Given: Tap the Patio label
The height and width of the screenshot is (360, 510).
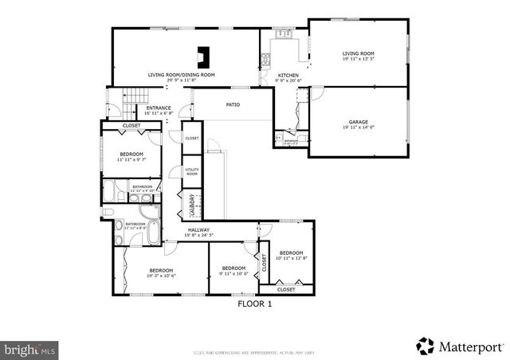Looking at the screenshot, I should pos(233,104).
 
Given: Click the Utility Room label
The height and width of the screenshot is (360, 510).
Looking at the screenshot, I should pos(192,171).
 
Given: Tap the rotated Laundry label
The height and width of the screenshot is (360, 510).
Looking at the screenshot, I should pos(192,206).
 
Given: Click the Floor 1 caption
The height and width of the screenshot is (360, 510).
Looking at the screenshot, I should pos(255,303).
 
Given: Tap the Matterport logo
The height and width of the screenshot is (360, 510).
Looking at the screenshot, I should pos(461,346).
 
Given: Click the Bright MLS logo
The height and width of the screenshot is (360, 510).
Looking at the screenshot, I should pos(30,349).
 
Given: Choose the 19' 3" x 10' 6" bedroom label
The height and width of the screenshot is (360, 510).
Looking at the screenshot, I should pos(161,273).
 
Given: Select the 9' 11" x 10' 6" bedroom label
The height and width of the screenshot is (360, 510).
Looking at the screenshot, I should pos(233,271).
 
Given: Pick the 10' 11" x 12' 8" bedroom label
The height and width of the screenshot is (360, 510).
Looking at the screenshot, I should pos(291,255).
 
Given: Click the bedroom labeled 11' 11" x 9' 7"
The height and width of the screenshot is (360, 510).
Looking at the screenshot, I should pos(131,157).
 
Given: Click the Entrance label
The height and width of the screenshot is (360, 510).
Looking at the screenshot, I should pos(159,111).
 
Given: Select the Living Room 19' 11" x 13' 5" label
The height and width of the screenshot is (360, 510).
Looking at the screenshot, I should pos(358,56).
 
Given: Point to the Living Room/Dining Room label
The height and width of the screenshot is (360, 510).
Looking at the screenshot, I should pos(181,76).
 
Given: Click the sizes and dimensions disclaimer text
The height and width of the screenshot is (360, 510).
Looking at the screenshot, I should pos(255,352).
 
